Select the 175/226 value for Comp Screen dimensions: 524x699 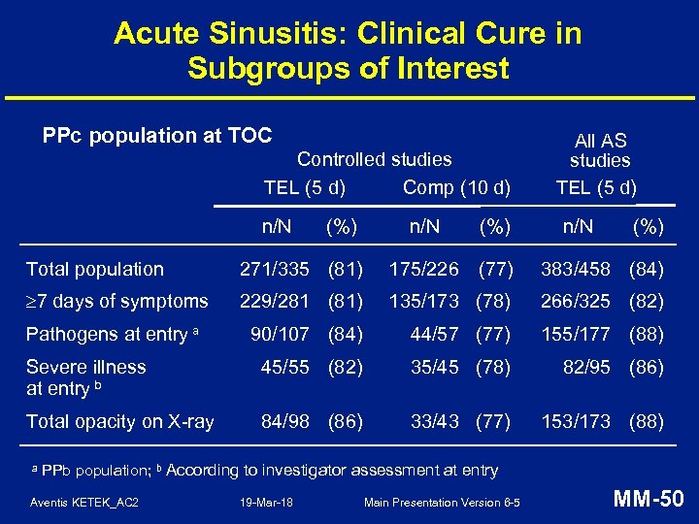pyautogui.click(x=425, y=269)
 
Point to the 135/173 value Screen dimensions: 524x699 pyautogui.click(x=425, y=302)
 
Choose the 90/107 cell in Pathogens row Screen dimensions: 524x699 pyautogui.click(x=280, y=335)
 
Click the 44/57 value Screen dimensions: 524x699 pyautogui.click(x=435, y=335)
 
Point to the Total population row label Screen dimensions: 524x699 pyautogui.click(x=95, y=269)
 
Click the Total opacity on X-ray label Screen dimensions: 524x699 pyautogui.click(x=119, y=421)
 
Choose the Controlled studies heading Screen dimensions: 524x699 pyautogui.click(x=375, y=159)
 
